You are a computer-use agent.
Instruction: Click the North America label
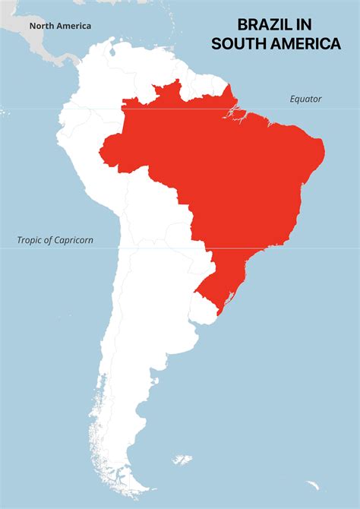(x=60, y=26)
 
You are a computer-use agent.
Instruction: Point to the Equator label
(x=305, y=99)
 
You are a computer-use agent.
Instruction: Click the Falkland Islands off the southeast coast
(x=182, y=459)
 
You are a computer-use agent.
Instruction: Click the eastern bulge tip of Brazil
(x=324, y=149)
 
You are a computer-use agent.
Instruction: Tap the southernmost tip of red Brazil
(x=219, y=313)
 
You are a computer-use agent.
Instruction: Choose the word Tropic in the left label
(x=31, y=241)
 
